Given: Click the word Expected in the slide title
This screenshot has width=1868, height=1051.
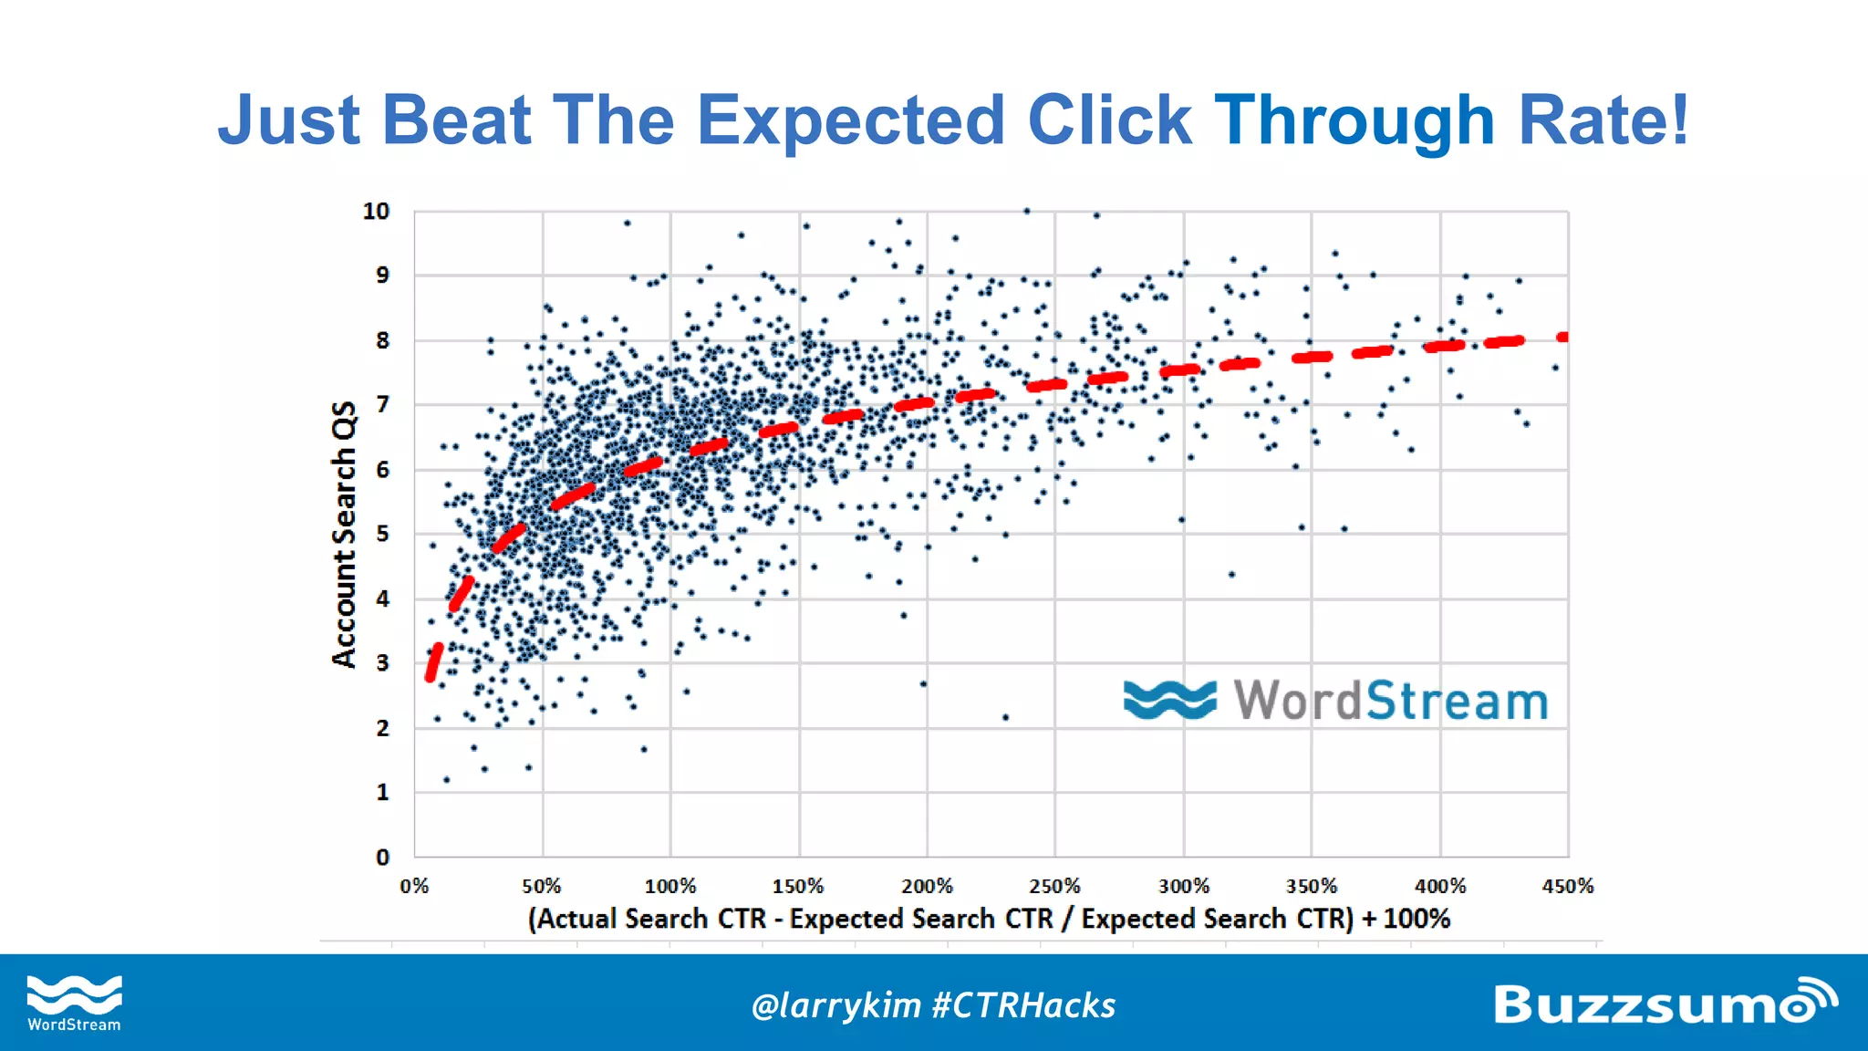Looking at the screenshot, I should (850, 120).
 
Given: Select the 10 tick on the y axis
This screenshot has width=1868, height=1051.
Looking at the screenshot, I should (376, 211).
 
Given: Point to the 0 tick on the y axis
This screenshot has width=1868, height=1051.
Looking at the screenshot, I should (382, 857).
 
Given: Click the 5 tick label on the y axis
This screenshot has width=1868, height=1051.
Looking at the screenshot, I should (382, 534).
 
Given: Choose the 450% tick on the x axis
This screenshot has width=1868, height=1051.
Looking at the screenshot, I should (1567, 886).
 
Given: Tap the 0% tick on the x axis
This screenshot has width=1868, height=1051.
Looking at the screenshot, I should (414, 886).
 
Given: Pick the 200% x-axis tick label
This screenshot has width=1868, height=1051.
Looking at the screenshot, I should (927, 886).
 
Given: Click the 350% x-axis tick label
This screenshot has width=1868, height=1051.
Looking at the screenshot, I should (1312, 886).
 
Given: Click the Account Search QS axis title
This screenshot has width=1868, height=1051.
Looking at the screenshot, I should (344, 534).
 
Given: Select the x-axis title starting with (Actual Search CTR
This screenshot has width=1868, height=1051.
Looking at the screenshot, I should (989, 918).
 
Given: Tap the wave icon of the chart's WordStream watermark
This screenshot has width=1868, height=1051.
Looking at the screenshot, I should (1169, 700).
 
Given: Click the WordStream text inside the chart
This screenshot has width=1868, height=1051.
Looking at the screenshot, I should (1391, 701).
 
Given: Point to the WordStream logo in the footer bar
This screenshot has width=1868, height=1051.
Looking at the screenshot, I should (74, 1003).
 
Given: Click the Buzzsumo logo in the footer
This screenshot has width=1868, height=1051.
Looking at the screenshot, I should (1665, 1003).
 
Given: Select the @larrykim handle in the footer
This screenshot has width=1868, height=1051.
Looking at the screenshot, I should (835, 1005).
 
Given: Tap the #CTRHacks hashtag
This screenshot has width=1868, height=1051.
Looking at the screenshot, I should (1023, 1005).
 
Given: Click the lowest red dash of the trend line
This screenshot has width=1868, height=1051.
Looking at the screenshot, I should (434, 662).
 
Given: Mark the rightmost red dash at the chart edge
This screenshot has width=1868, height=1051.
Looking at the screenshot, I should (1562, 337).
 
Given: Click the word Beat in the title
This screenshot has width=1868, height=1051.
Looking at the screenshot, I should (456, 120).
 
